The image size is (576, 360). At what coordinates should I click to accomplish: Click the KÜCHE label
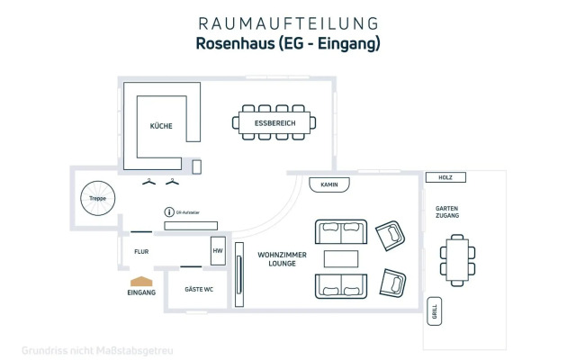pyautogui.click(x=161, y=126)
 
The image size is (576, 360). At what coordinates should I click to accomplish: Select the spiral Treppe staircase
pyautogui.click(x=96, y=197)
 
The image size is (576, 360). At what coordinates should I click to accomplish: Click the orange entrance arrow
pyautogui.click(x=141, y=282)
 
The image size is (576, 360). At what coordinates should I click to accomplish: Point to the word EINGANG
pyautogui.click(x=141, y=293)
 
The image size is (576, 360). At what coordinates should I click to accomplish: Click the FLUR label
pyautogui.click(x=140, y=253)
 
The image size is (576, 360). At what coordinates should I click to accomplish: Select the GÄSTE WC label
pyautogui.click(x=198, y=290)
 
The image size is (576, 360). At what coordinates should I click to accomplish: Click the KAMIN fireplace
pyautogui.click(x=328, y=184)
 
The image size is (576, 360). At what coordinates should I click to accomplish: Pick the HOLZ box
pyautogui.click(x=445, y=177)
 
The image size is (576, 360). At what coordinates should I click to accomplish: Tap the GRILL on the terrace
pyautogui.click(x=435, y=311)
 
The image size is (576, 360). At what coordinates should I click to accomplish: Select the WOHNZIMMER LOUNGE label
pyautogui.click(x=282, y=259)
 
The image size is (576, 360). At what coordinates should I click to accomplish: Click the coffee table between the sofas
pyautogui.click(x=341, y=259)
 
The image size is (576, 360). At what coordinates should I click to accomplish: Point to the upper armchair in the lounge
pyautogui.click(x=391, y=235)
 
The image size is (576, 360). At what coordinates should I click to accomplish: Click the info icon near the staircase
pyautogui.click(x=167, y=211)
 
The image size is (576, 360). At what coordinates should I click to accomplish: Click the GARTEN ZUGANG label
pyautogui.click(x=447, y=213)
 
